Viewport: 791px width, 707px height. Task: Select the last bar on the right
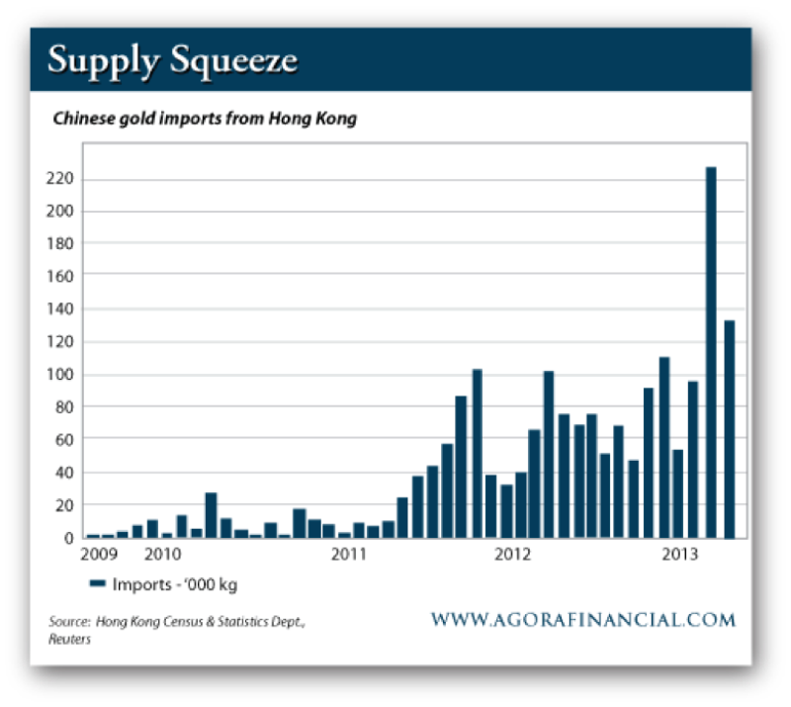pyautogui.click(x=729, y=429)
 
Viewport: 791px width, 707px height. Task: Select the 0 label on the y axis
pyautogui.click(x=71, y=537)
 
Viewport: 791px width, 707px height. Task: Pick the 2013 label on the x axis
pyautogui.click(x=681, y=555)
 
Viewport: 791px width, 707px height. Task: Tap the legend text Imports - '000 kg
pyautogui.click(x=175, y=584)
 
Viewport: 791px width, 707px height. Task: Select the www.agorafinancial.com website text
pyautogui.click(x=583, y=621)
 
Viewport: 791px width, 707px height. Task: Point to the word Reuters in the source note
pyautogui.click(x=67, y=639)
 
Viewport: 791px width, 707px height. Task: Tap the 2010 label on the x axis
pyautogui.click(x=163, y=555)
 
